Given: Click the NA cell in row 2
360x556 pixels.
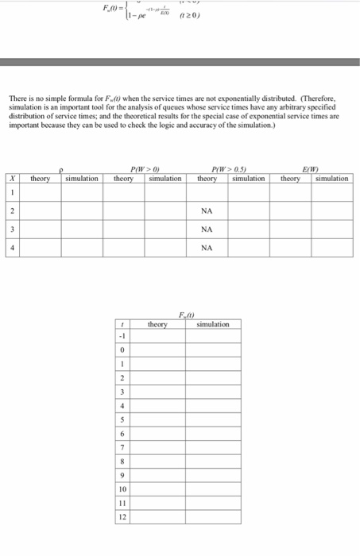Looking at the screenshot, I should [x=207, y=211].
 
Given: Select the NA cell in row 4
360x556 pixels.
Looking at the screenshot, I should [x=207, y=248].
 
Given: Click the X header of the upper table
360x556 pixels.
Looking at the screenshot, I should [x=14, y=180].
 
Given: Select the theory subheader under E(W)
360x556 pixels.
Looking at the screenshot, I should [x=290, y=180].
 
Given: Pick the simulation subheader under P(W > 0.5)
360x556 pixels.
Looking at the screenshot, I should [x=248, y=180].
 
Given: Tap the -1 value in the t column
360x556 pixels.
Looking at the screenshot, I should [x=122, y=336].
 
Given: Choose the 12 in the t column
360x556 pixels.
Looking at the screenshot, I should [x=122, y=517].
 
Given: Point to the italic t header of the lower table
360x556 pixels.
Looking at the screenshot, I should [x=122, y=325].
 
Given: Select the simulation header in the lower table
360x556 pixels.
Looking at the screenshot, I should [x=212, y=325].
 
